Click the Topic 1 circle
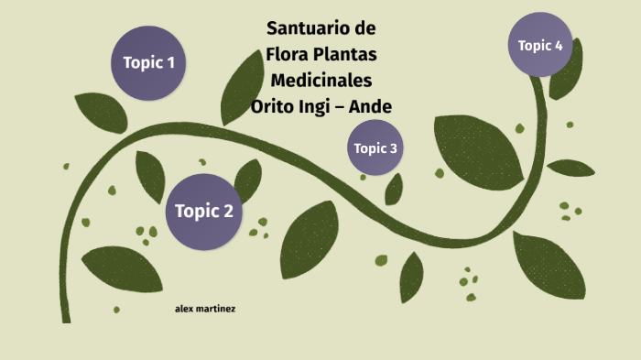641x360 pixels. point(148,63)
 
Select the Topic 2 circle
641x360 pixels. point(204,212)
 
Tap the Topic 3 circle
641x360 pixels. point(375,147)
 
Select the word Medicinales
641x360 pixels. point(320,81)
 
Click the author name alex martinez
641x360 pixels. point(205,309)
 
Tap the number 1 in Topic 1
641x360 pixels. point(170,63)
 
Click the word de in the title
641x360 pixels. point(364,27)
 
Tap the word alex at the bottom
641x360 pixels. point(184,309)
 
